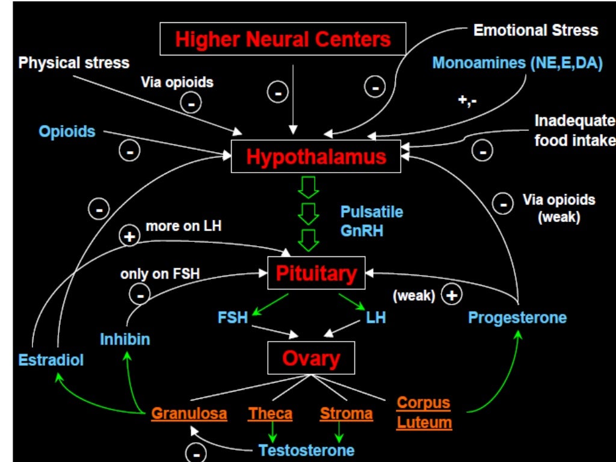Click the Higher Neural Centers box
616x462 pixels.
point(283,39)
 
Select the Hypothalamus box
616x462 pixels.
point(316,157)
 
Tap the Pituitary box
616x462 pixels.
point(316,274)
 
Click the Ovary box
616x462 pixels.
point(311,359)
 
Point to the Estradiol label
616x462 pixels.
point(51,360)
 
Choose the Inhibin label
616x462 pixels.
point(125,339)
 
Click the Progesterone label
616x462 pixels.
point(517,317)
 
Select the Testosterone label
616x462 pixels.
point(306,450)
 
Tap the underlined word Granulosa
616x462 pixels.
point(189,414)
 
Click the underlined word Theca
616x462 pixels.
point(270,414)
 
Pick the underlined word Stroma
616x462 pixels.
point(346,414)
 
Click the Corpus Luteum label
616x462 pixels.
point(424,413)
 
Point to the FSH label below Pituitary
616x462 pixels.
point(233,317)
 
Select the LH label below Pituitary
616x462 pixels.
point(376,317)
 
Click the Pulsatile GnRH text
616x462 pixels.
point(372,221)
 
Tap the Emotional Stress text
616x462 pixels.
point(535,30)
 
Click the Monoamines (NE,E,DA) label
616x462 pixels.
point(517,63)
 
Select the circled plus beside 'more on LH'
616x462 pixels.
point(130,236)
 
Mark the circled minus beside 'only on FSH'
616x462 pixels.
point(140,295)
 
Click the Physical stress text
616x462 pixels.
point(74,63)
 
